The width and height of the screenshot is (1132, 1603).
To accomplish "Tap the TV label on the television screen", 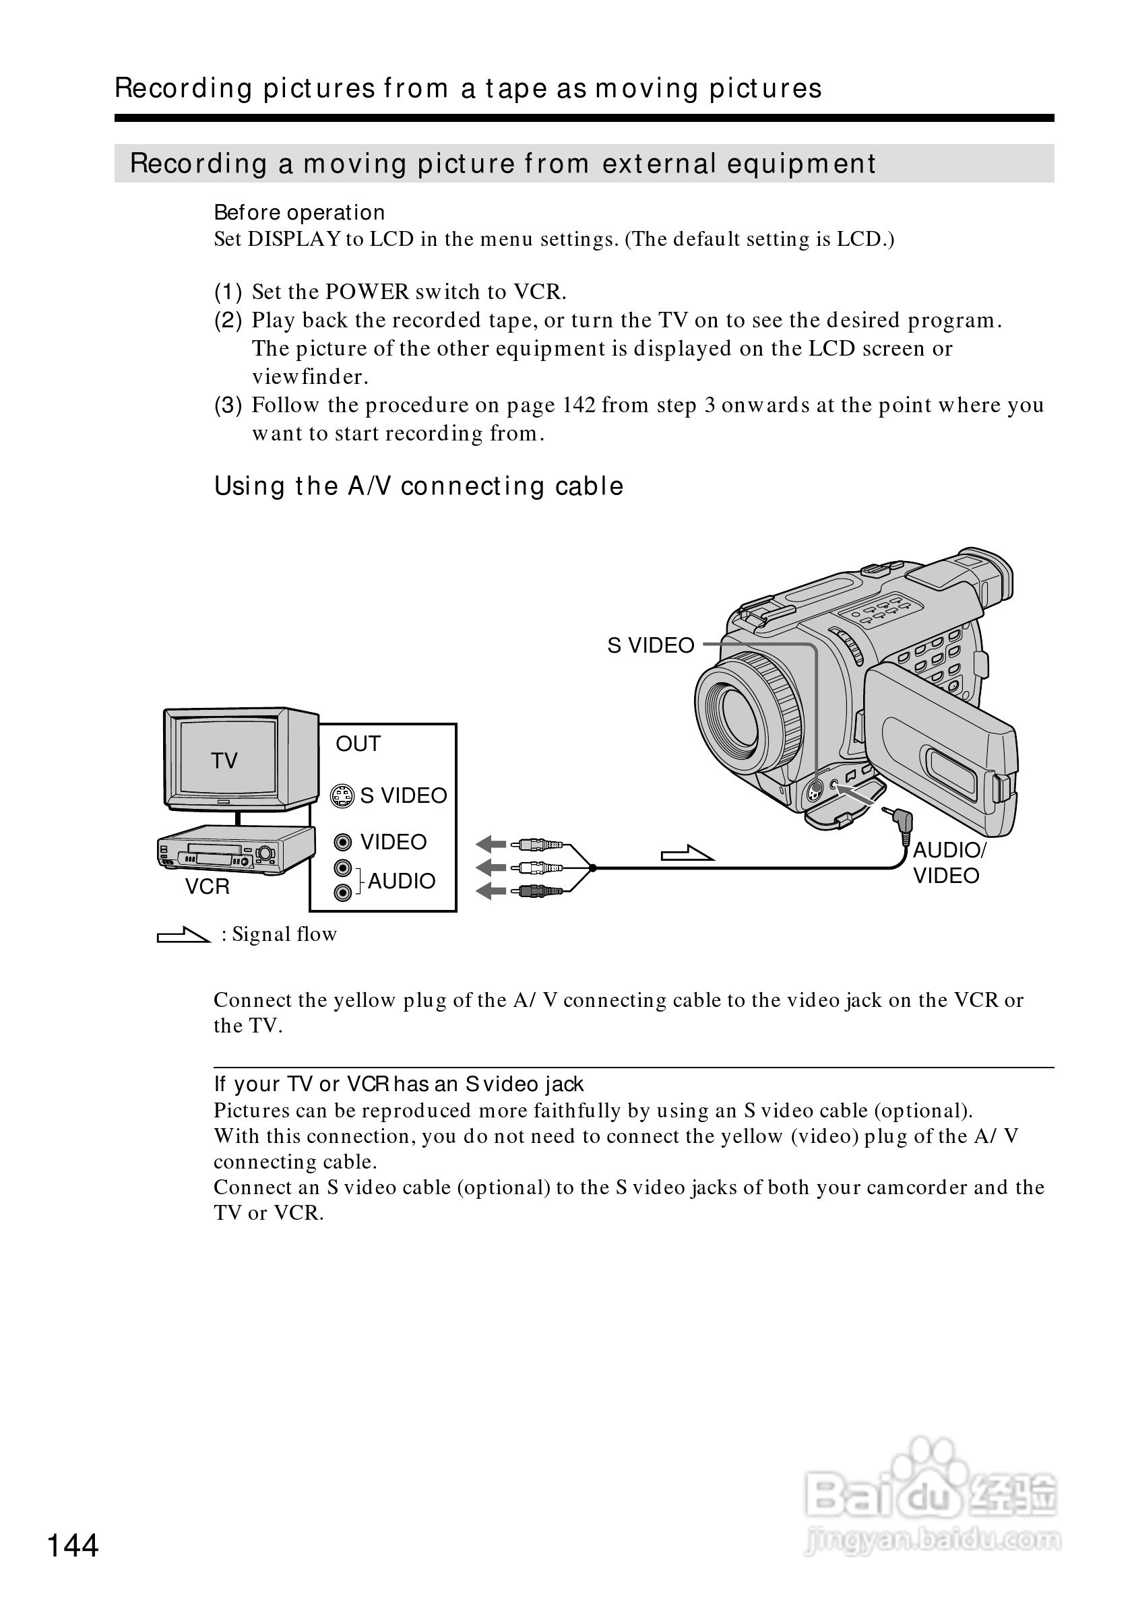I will click(224, 760).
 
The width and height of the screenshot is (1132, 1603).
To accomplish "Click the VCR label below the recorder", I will click(207, 886).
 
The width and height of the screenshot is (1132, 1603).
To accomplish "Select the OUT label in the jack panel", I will click(358, 744).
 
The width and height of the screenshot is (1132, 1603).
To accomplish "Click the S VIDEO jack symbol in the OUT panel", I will click(342, 796).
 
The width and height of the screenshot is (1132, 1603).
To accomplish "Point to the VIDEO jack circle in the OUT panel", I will click(342, 842).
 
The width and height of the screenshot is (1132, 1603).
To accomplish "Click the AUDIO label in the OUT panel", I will click(402, 881).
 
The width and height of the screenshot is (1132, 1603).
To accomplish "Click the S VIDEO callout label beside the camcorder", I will click(651, 646).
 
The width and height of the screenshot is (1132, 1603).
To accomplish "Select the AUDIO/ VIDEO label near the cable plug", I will click(948, 863).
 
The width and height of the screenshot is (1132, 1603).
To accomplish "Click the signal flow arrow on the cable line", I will click(687, 854).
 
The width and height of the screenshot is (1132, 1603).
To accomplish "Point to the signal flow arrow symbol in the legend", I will click(184, 935).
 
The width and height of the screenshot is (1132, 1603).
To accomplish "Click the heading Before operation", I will click(299, 212).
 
